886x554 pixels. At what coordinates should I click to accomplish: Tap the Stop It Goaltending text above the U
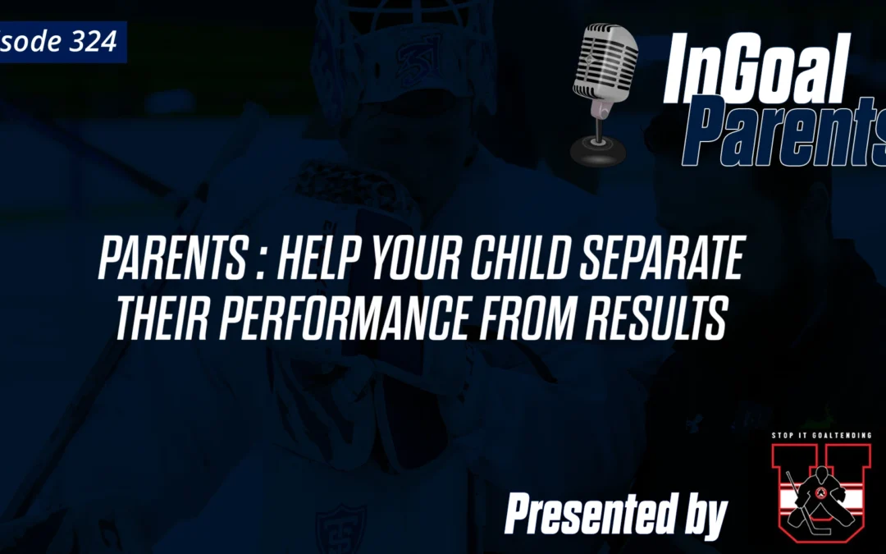point(820,436)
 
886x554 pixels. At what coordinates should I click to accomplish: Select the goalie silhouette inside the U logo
point(820,501)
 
